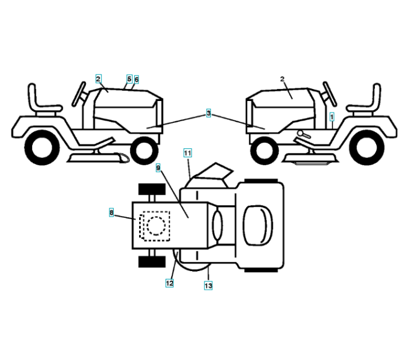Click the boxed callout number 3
coord(208,113)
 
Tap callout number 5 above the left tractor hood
coord(129,79)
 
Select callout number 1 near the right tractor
coord(332,114)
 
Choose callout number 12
coord(170,283)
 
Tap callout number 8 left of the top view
coord(111,212)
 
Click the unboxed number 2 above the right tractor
coord(282,79)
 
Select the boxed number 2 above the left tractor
coord(98,78)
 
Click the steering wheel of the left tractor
coord(79,91)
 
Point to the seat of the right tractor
coord(367,100)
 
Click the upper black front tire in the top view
coord(152,189)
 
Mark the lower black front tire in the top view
coord(152,262)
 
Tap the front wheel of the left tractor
coord(144,149)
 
